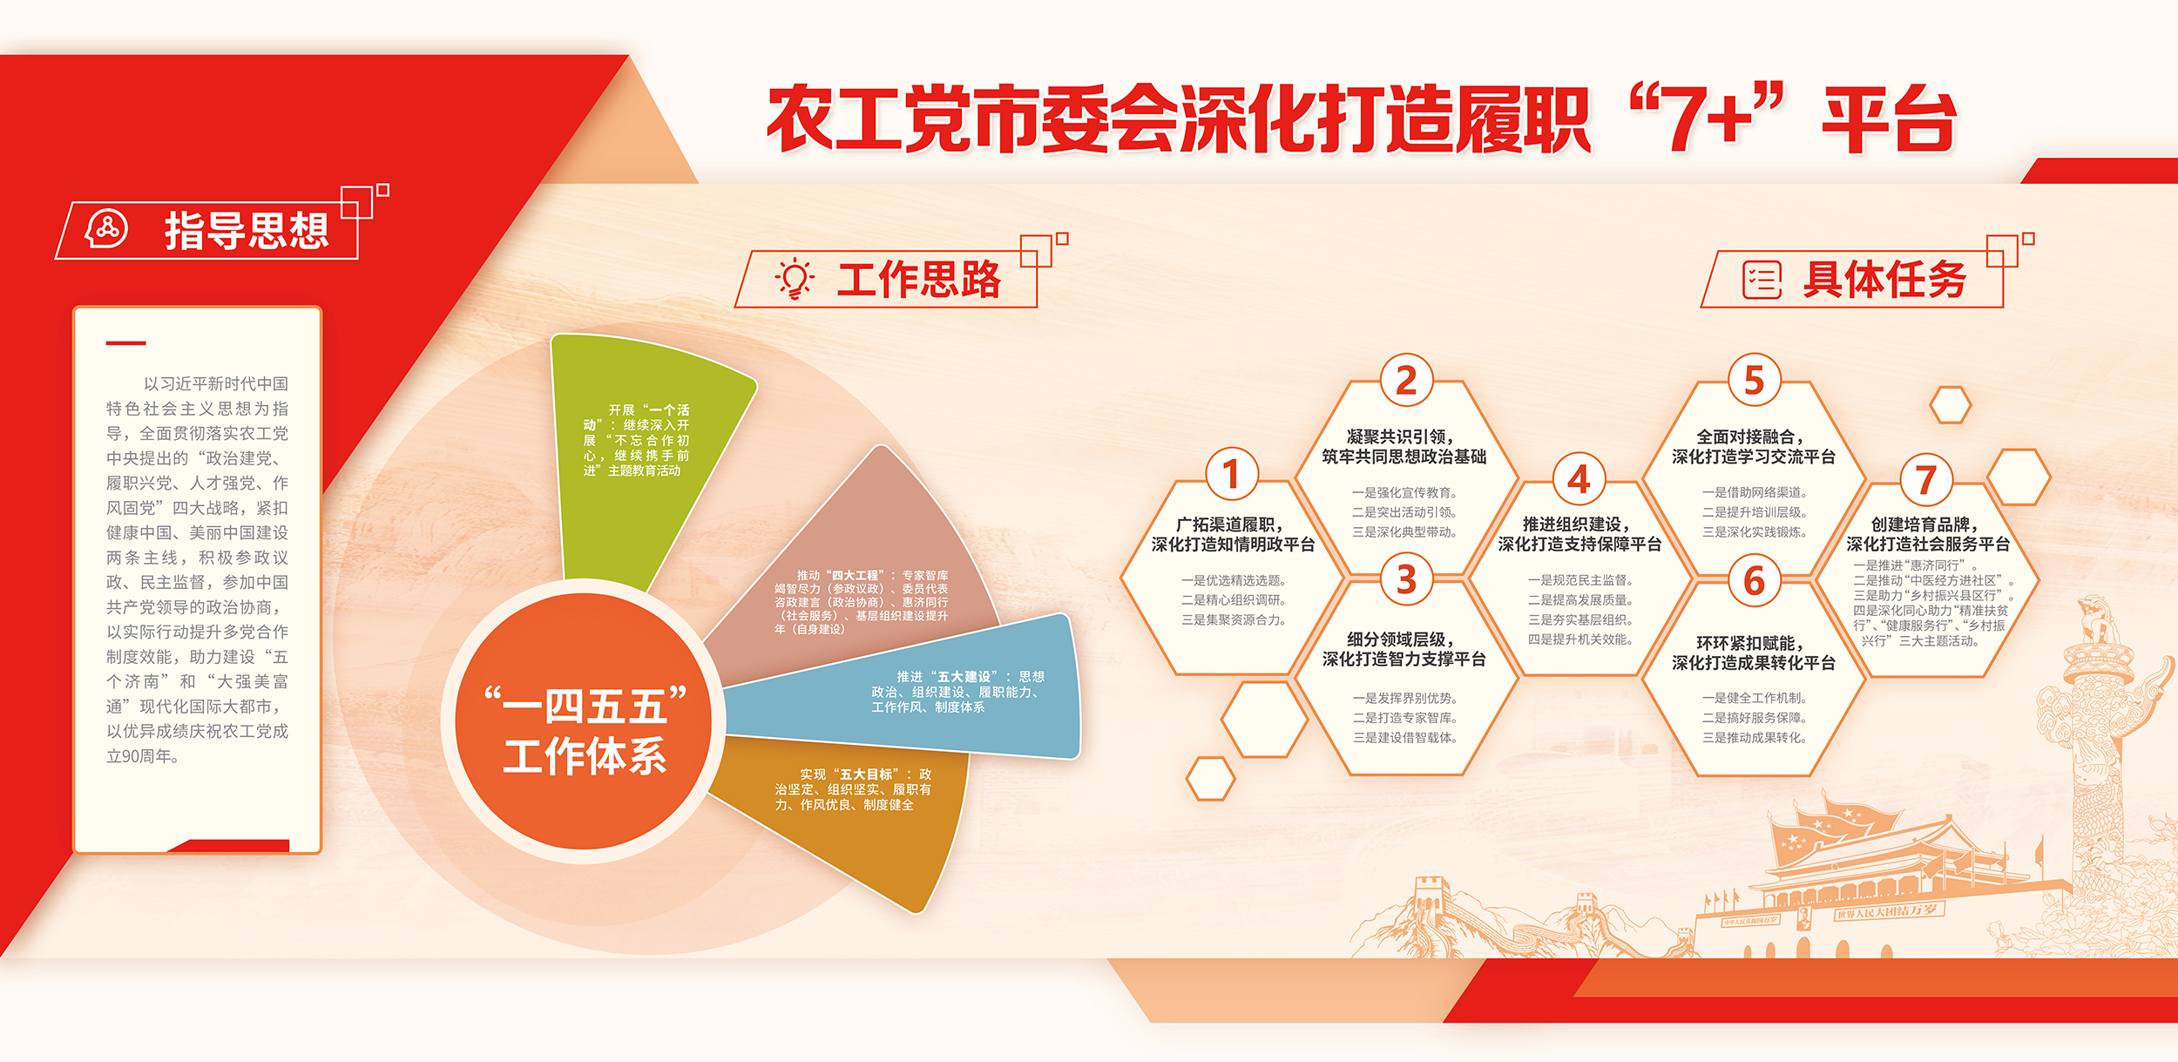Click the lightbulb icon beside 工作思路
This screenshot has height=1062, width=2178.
pos(795,279)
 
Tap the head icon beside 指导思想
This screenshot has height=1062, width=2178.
pos(106,229)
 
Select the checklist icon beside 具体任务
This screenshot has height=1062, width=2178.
pos(1762,280)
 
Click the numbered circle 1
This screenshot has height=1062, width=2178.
pos(1231,475)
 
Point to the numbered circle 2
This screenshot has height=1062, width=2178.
pos(1406,381)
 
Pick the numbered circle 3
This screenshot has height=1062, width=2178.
pos(1406,579)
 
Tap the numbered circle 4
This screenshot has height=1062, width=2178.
pos(1579,479)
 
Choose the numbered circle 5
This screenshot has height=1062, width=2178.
pos(1755,381)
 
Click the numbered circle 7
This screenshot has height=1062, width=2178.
pos(1926,479)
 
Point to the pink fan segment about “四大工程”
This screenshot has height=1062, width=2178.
pos(862,584)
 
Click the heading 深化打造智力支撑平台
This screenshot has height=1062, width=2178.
pos(1404,660)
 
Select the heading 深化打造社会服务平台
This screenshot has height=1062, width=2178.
pos(1927,545)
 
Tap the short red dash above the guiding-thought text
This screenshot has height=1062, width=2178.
pos(125,343)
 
